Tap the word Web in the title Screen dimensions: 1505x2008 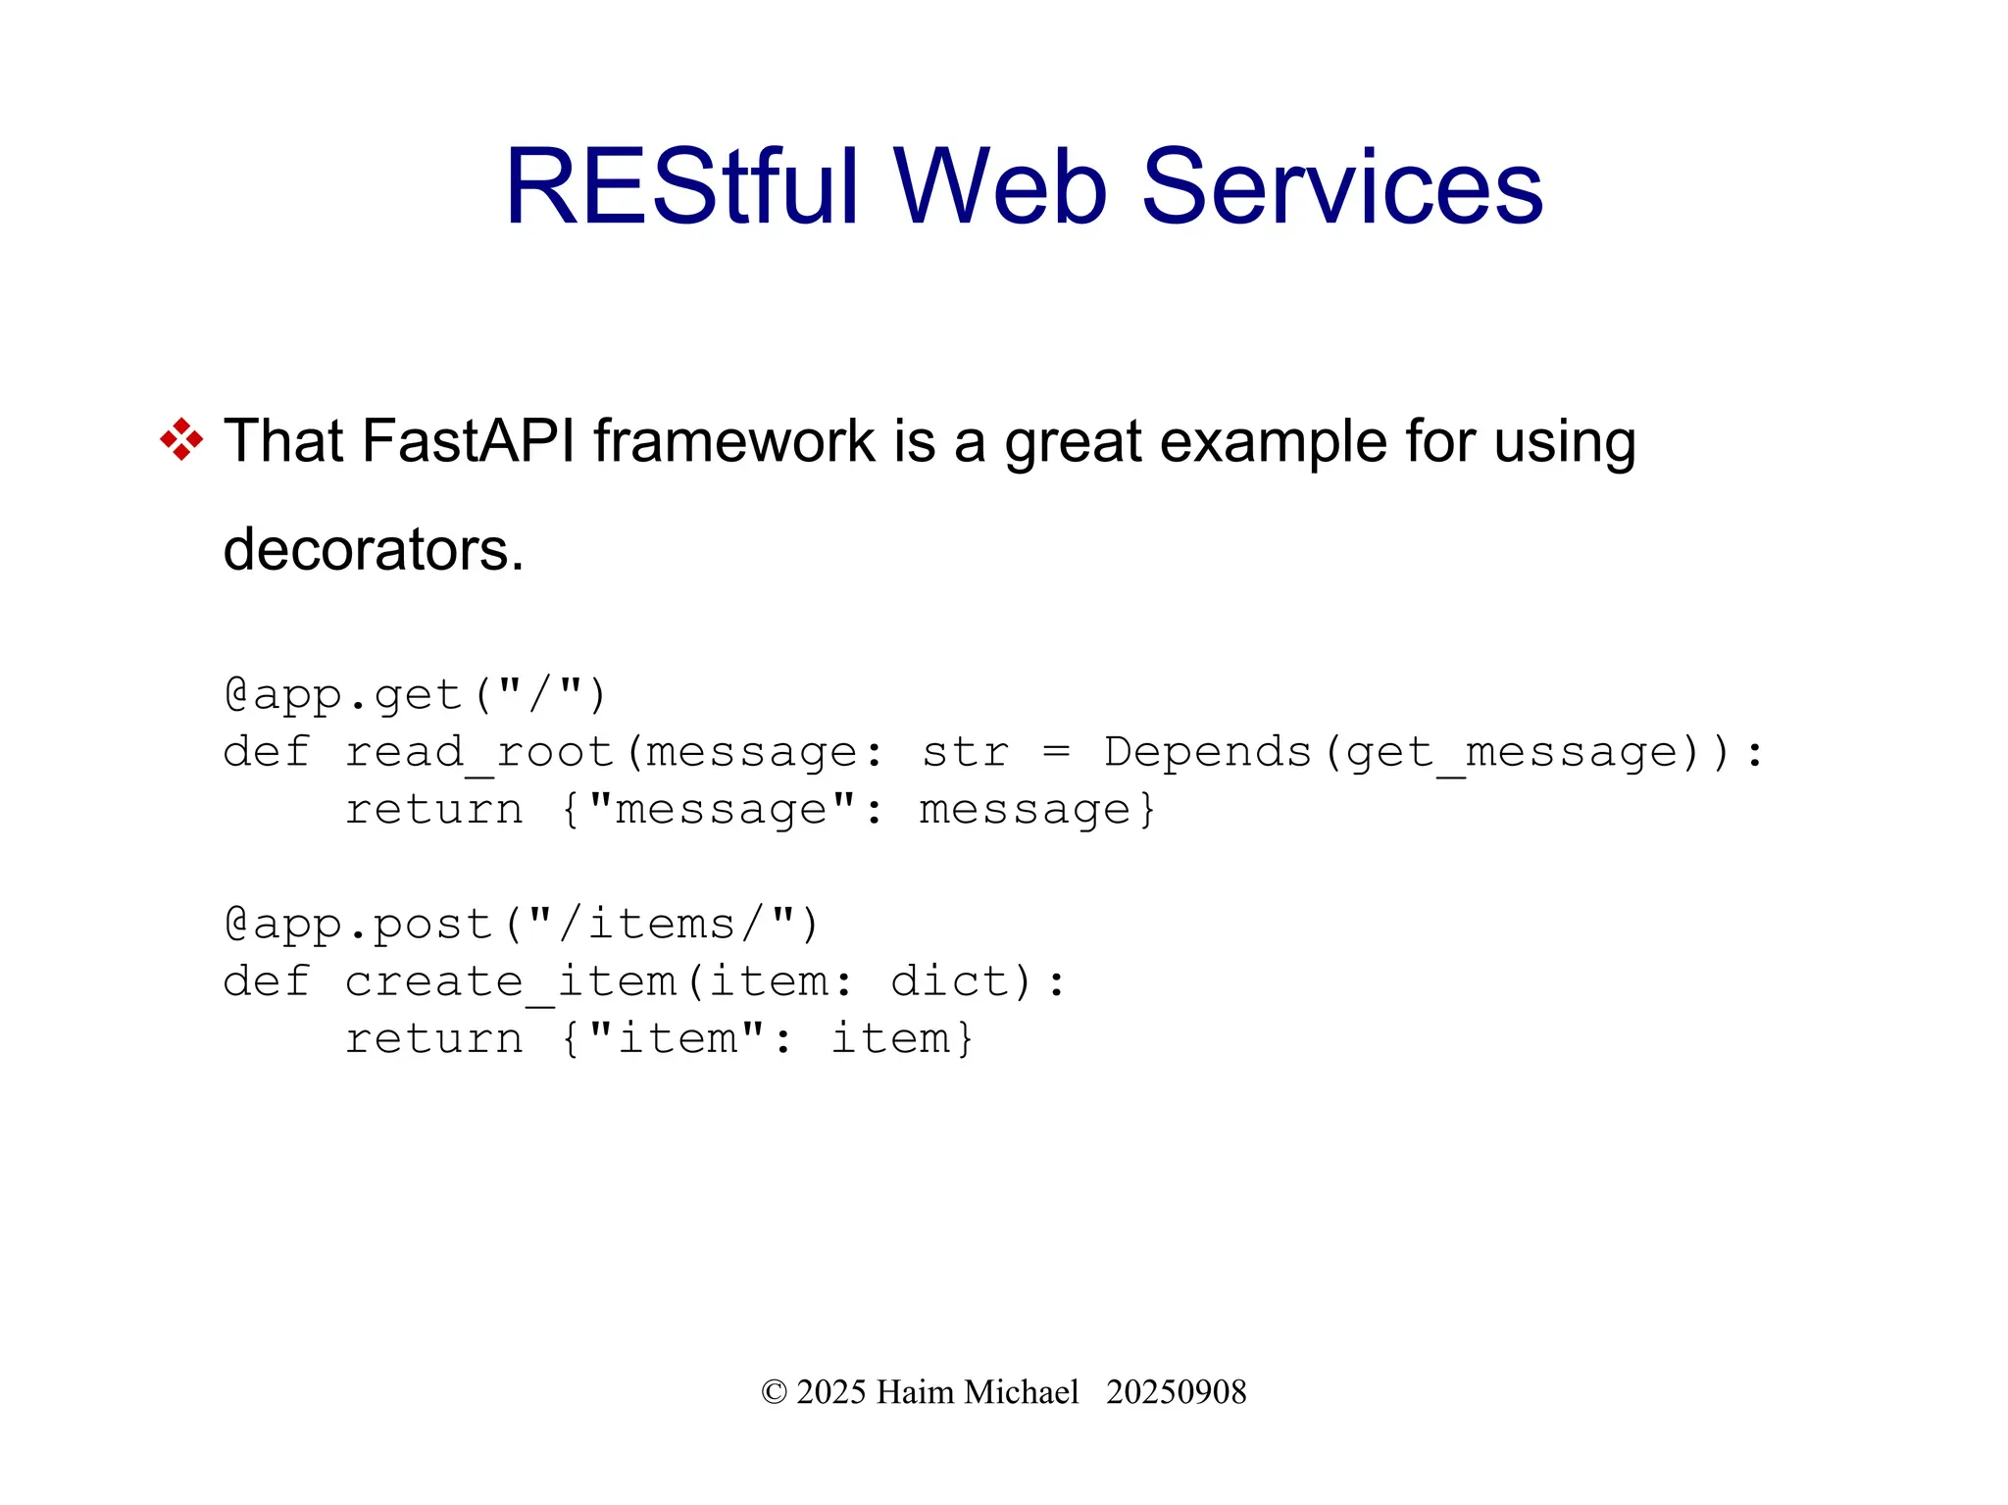tap(999, 186)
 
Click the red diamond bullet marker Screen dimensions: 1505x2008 tap(181, 439)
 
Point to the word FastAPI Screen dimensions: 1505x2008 tap(468, 440)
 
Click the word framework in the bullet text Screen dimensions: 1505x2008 tap(733, 440)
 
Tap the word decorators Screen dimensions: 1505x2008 tap(373, 549)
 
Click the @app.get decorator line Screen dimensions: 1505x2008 tap(416, 695)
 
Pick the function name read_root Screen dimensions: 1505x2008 tap(479, 753)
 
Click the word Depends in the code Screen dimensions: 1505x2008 tap(1207, 752)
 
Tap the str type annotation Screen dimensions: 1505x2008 tap(965, 752)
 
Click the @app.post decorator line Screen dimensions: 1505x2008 tap(521, 925)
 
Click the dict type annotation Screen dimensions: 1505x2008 tap(949, 981)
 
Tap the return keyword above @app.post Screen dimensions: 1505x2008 tap(433, 810)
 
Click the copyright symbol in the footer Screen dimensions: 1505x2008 tap(774, 1392)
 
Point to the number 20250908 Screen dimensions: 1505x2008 tap(1176, 1392)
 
